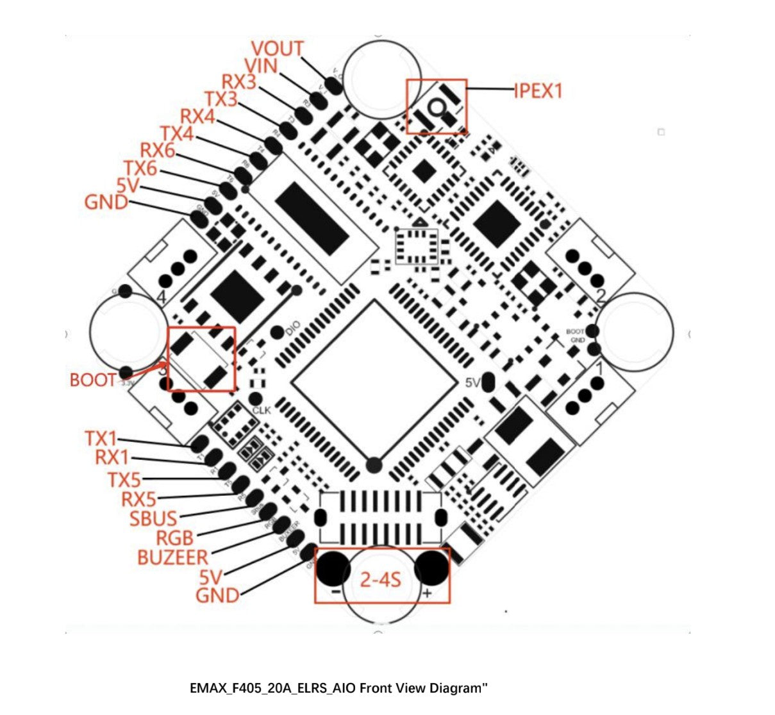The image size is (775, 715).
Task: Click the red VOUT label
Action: [x=277, y=49]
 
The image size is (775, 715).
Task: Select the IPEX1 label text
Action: [x=538, y=91]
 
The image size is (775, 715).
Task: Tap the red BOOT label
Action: [x=92, y=380]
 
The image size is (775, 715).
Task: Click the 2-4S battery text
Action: [x=380, y=580]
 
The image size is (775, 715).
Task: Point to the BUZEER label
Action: [x=172, y=557]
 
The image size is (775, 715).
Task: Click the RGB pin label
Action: [x=174, y=538]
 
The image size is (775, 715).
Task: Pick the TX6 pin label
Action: [x=140, y=168]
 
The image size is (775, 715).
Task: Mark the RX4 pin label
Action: [x=197, y=117]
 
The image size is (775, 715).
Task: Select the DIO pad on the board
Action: [x=277, y=332]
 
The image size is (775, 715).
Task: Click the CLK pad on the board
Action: [x=256, y=399]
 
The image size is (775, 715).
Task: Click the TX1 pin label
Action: [x=101, y=439]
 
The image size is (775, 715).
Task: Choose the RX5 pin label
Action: [x=138, y=498]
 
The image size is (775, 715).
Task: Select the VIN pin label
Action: [x=261, y=66]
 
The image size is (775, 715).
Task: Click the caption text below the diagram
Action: [x=338, y=689]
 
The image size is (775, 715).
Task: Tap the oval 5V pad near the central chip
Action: [x=488, y=382]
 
